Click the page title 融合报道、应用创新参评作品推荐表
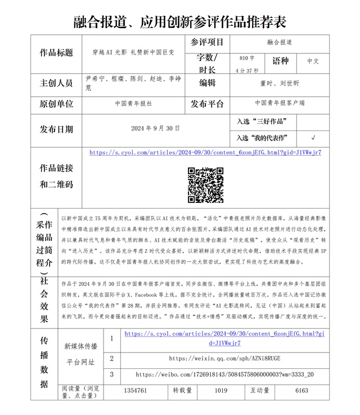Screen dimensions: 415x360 180,21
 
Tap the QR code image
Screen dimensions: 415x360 205,185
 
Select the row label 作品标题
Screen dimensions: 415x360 56,53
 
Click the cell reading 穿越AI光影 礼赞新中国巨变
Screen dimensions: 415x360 133,53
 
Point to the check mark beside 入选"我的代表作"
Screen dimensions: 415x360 313,138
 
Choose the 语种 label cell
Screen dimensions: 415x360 280,61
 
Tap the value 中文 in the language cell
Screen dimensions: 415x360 313,61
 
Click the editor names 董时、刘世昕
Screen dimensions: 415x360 280,83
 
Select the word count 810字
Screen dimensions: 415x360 246,58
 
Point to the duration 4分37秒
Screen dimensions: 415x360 246,70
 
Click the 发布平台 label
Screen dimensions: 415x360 207,104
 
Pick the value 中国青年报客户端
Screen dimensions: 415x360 280,103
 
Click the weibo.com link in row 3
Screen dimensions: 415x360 224,375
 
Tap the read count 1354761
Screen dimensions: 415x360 136,390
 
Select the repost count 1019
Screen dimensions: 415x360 221,390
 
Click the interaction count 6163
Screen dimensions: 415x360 301,390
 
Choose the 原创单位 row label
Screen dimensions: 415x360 56,104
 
